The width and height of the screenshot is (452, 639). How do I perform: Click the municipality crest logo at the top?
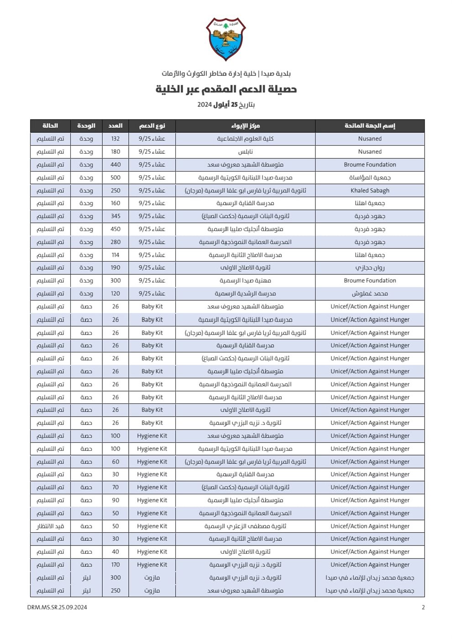click(226, 39)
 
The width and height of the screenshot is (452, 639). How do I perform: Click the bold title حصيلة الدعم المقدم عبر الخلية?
click(226, 89)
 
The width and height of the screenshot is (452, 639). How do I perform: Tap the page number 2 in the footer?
click(423, 607)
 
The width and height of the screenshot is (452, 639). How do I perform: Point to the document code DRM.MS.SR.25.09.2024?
click(57, 607)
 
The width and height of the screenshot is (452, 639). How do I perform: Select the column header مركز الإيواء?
click(245, 126)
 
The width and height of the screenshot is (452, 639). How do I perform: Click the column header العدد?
click(116, 126)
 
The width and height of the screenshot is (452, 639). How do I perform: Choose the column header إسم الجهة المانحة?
click(370, 126)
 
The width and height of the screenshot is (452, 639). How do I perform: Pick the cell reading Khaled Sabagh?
click(370, 190)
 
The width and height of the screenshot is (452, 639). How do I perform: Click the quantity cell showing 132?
click(116, 139)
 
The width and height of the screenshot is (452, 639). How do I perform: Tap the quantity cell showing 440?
click(116, 165)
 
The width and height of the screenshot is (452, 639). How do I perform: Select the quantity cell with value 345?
click(116, 216)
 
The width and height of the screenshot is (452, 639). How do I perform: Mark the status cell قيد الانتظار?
click(50, 526)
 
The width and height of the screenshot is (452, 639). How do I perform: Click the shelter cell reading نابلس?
click(245, 152)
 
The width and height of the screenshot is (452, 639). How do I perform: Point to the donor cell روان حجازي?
click(370, 268)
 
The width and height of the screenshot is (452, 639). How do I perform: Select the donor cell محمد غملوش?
click(370, 293)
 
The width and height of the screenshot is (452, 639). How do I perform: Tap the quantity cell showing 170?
click(116, 565)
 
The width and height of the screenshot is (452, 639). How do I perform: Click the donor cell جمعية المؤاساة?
click(370, 178)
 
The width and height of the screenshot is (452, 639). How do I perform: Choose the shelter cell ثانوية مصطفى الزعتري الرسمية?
click(245, 526)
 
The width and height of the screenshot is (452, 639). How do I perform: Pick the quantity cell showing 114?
click(116, 255)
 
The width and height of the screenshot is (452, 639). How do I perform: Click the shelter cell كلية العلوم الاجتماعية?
click(245, 139)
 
